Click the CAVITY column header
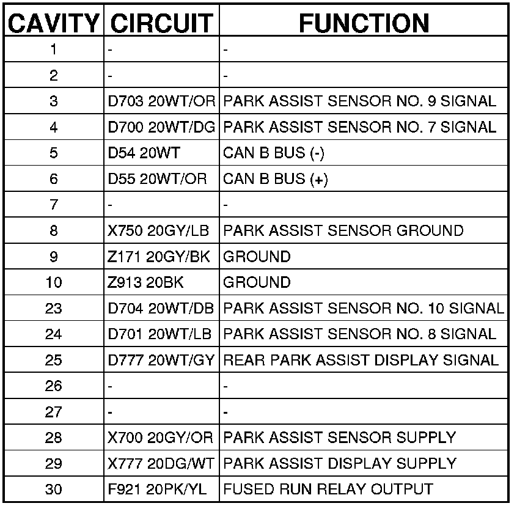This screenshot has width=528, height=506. point(53,23)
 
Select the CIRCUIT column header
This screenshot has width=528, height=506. point(161,23)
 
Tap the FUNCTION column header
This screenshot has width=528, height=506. point(364,23)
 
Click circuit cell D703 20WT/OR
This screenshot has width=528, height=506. point(161,101)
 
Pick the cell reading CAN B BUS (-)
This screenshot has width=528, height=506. point(273,153)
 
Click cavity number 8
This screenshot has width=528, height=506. point(53,231)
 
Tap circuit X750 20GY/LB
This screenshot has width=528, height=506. point(158,231)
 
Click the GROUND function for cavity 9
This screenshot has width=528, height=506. point(257,257)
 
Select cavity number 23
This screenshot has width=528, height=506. point(53,309)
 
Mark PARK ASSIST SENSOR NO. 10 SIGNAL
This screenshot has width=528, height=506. point(364,309)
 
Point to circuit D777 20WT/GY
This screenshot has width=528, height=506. point(161,360)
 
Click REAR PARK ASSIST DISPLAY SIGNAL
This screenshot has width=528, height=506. point(361,360)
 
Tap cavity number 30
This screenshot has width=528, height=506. point(53,490)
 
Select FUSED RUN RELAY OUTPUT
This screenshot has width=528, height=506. point(328,490)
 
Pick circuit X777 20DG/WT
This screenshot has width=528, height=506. point(161,464)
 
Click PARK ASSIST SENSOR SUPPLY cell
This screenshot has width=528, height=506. point(339,438)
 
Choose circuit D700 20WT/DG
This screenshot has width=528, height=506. point(161,127)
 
